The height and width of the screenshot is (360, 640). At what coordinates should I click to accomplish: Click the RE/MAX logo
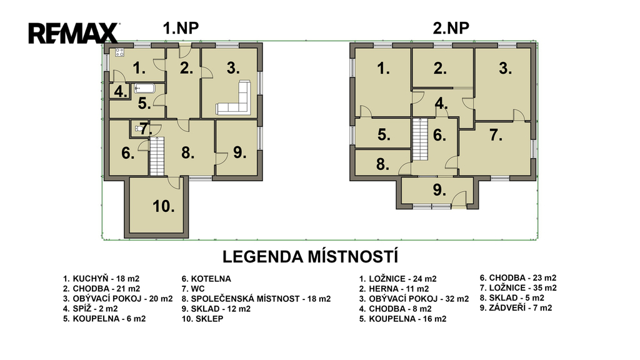click(74, 34)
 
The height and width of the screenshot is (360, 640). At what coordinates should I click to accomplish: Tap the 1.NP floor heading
click(181, 28)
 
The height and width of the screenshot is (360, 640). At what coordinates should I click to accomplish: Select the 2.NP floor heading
click(451, 28)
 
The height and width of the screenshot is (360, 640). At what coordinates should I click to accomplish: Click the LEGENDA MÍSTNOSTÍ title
click(310, 257)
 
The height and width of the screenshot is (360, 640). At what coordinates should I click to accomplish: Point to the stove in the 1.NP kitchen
click(119, 52)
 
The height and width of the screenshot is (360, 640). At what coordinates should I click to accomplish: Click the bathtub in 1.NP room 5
click(144, 88)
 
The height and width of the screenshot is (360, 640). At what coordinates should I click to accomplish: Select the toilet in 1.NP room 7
click(139, 129)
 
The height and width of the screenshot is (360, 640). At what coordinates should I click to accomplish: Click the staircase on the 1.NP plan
click(157, 156)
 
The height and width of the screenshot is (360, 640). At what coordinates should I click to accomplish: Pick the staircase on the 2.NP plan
click(419, 139)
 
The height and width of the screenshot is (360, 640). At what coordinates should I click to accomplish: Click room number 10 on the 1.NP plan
click(164, 206)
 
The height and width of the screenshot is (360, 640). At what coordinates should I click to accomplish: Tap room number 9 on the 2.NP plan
click(439, 190)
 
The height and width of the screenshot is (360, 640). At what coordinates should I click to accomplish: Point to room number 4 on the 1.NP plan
click(121, 92)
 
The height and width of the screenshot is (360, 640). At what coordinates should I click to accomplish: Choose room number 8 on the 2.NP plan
click(382, 164)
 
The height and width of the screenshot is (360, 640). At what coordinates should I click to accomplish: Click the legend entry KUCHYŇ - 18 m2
click(101, 279)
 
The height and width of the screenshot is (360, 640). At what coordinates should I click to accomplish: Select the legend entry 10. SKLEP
click(202, 319)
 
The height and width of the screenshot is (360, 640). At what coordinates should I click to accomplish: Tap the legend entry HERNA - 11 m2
click(394, 289)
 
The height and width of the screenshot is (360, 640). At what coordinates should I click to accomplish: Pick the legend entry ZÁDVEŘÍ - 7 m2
click(516, 307)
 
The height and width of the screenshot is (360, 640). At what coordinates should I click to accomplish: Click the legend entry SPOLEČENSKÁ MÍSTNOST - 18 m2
click(256, 299)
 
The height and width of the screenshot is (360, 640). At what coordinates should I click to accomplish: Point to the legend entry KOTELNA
click(206, 279)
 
